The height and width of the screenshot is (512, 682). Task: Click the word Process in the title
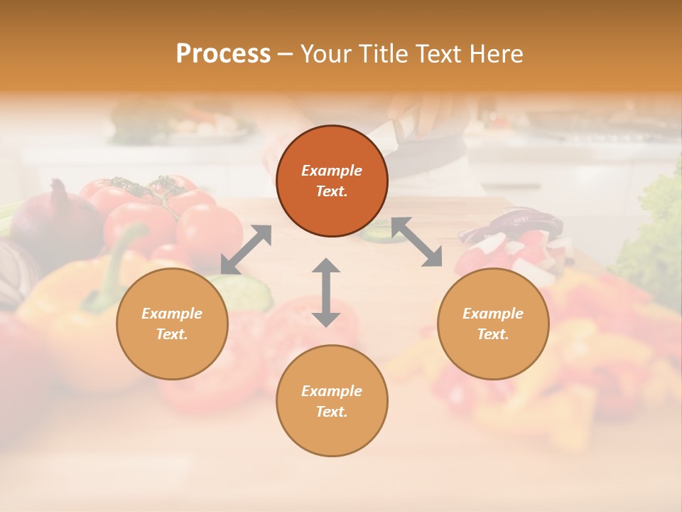tap(223, 54)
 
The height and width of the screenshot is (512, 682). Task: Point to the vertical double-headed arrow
tap(326, 292)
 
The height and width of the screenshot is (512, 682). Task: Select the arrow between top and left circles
tap(246, 250)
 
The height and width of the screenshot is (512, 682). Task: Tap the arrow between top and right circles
tap(417, 242)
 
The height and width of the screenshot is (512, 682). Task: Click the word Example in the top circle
tap(332, 171)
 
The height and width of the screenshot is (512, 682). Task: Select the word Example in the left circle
tap(172, 314)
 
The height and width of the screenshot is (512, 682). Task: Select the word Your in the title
tap(327, 54)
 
